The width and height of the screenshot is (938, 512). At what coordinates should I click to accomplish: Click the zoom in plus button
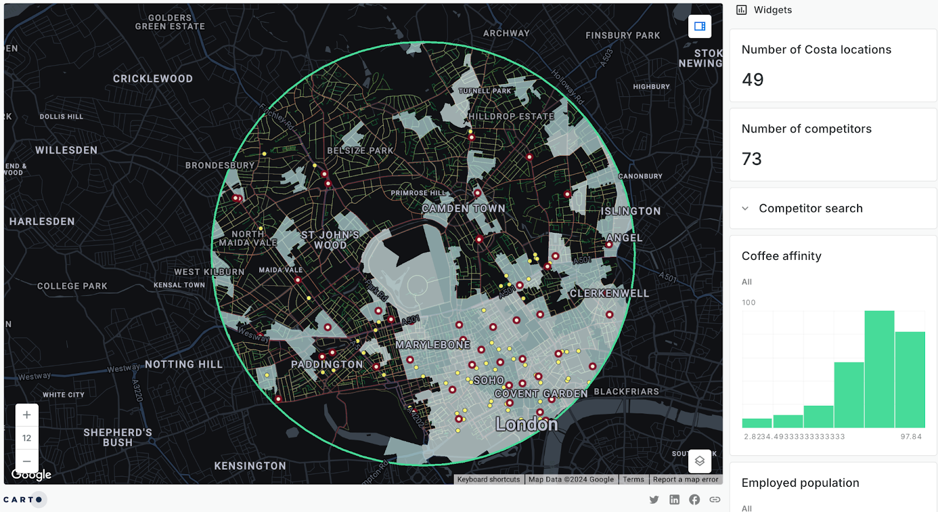pos(27,415)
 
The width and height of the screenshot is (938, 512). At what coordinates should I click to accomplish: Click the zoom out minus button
pos(27,461)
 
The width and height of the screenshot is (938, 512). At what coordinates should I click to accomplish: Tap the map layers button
pos(699,461)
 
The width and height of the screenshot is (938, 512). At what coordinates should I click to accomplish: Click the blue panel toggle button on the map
pos(699,26)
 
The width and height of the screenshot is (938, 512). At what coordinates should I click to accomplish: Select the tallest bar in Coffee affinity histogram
pos(879,369)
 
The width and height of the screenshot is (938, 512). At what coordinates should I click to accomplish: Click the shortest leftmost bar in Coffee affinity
pos(757,423)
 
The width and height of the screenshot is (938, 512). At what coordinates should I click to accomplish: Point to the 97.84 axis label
pos(911,437)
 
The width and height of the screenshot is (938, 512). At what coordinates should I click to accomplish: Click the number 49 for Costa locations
pos(753,80)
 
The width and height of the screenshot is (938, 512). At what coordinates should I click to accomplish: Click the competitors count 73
pos(752,159)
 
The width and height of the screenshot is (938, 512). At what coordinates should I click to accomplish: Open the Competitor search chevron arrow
pos(745,208)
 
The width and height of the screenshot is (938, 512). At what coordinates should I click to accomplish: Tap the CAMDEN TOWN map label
pos(463,209)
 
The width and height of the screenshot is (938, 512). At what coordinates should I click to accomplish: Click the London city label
pos(526,424)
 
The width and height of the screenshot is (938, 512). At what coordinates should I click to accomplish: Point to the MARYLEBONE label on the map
pos(433,345)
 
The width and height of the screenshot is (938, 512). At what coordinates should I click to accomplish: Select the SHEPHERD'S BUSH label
pos(117,438)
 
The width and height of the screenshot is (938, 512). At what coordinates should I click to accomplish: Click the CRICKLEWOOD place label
pos(152,79)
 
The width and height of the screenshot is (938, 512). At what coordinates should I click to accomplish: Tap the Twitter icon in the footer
pos(654,500)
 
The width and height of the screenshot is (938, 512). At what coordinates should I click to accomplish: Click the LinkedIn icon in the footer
pos(674,500)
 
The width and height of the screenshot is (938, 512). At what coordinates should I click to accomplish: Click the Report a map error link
pos(685,480)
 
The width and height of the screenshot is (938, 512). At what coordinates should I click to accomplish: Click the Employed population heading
pos(800,483)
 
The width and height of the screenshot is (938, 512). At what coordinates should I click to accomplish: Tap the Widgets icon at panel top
pos(742,10)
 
